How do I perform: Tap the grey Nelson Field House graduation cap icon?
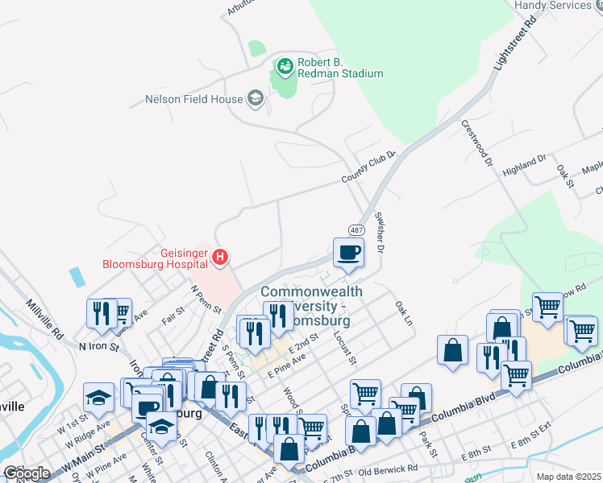coord(256,100)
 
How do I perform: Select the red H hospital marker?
coord(220,258)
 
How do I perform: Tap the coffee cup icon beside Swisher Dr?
coord(348,253)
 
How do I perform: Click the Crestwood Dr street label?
coord(477,142)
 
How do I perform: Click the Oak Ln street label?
coord(403,313)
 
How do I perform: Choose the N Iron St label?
coord(98,346)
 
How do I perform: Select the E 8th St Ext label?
coord(530,445)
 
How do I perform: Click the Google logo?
coord(27,473)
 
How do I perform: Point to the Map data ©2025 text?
coord(568,477)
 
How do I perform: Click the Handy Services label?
coord(564,6)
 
